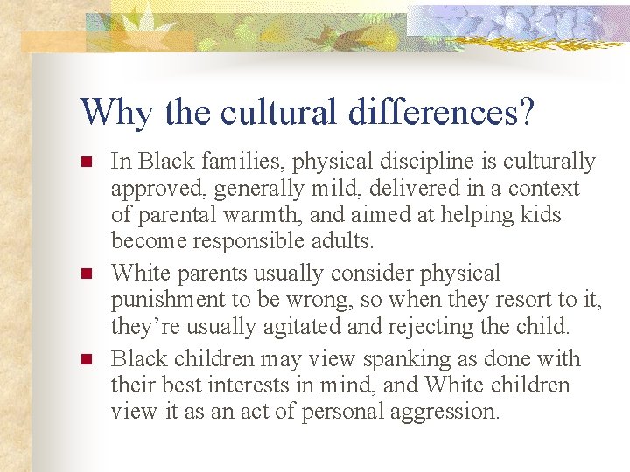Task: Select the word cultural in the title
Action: point(281,112)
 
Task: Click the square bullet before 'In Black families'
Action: point(86,163)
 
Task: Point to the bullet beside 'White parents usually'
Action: point(86,274)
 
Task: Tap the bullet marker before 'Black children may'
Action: point(86,359)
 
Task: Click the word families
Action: point(241,163)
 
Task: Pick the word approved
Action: point(150,189)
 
